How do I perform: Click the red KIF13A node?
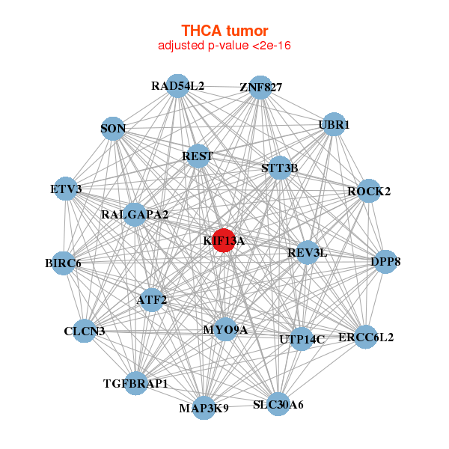pos(223,240)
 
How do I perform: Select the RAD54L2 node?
pos(177,86)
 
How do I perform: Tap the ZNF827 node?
pos(260,88)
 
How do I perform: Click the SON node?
pos(113,129)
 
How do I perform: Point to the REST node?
pos(198,156)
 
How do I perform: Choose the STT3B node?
pos(279,168)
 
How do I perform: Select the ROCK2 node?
pos(369,191)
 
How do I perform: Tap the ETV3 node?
pos(67,189)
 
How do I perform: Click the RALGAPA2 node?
pos(135,215)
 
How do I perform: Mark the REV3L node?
pos(308,252)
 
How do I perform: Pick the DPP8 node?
pos(385,262)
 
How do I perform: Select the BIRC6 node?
pos(64,263)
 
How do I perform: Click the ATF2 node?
pos(152,300)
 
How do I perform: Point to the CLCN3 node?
pos(85,331)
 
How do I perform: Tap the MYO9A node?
pos(225,329)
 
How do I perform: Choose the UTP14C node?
pos(301,339)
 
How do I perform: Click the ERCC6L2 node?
pos(365,337)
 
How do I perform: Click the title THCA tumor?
pos(224,31)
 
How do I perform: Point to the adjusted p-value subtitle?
pos(224,46)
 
